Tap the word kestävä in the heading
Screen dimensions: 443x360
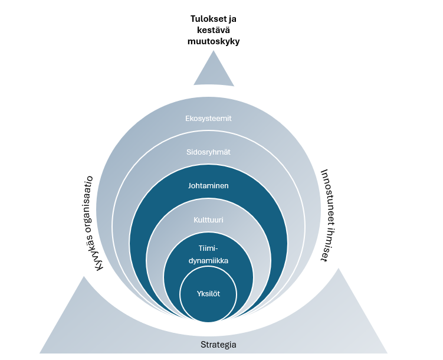pyautogui.click(x=214, y=30)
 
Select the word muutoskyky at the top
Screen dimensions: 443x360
pyautogui.click(x=214, y=41)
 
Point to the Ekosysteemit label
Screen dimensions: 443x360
pyautogui.click(x=208, y=119)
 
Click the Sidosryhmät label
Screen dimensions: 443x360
pyautogui.click(x=208, y=152)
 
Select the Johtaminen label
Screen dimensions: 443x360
pyautogui.click(x=208, y=186)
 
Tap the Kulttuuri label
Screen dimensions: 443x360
pyautogui.click(x=208, y=220)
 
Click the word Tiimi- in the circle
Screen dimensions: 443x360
pyautogui.click(x=208, y=248)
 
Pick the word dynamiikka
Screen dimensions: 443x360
pyautogui.click(x=208, y=260)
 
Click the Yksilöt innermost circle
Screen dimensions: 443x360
pyautogui.click(x=208, y=294)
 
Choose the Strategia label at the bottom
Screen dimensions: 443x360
pyautogui.click(x=218, y=345)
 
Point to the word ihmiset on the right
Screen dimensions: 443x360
pyautogui.click(x=326, y=244)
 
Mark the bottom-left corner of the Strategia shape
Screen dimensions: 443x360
pyautogui.click(x=40, y=354)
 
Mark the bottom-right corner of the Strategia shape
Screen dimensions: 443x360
pyautogui.click(x=388, y=354)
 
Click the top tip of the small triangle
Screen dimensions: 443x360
pyautogui.click(x=214, y=51)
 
